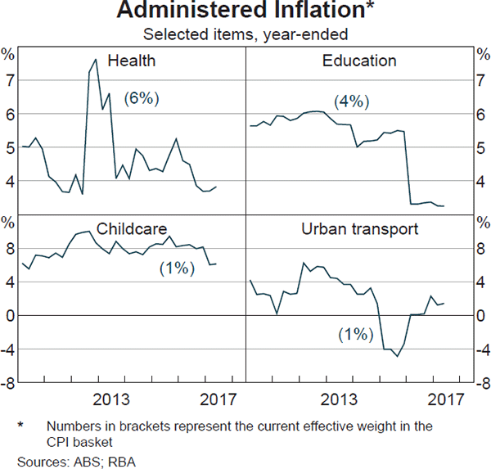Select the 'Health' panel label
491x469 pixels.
(x=131, y=61)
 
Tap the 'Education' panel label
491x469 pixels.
(x=359, y=61)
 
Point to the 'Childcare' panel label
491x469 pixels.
(x=131, y=228)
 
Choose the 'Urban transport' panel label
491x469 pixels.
(x=359, y=228)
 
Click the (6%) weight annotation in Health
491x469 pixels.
(x=141, y=98)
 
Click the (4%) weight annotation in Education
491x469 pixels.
(x=352, y=101)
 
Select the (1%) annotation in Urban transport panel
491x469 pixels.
(x=355, y=334)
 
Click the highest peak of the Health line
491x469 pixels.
(x=96, y=59)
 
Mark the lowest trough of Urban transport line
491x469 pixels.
(x=397, y=356)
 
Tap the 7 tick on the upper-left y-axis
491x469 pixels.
(x=10, y=81)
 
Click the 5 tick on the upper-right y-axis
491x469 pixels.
(x=481, y=148)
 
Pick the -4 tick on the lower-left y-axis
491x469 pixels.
(x=8, y=349)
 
